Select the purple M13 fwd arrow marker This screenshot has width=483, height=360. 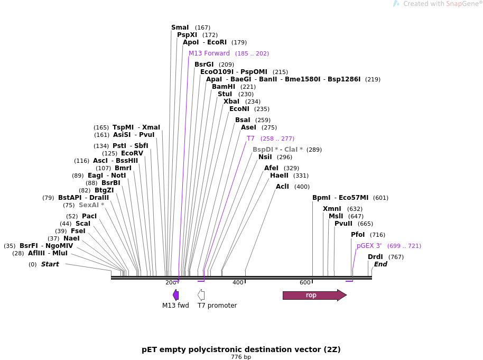[175, 295]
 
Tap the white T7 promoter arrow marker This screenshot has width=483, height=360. [201, 295]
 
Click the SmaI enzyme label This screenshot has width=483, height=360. [180, 27]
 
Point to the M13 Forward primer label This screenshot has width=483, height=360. [209, 53]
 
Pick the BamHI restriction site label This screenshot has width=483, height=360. [224, 87]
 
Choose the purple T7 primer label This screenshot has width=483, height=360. [250, 139]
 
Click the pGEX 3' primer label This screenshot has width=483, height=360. [369, 246]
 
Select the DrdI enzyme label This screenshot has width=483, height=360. [375, 257]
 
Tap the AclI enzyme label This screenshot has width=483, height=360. [282, 187]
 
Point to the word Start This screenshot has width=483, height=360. [50, 264]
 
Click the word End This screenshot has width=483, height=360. [380, 264]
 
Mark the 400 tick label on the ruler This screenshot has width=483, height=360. [238, 283]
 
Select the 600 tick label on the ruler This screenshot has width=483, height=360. [305, 283]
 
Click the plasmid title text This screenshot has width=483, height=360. [241, 349]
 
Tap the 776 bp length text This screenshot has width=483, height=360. [241, 357]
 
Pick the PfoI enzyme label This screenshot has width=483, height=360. [358, 235]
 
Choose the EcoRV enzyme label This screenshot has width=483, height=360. [132, 153]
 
